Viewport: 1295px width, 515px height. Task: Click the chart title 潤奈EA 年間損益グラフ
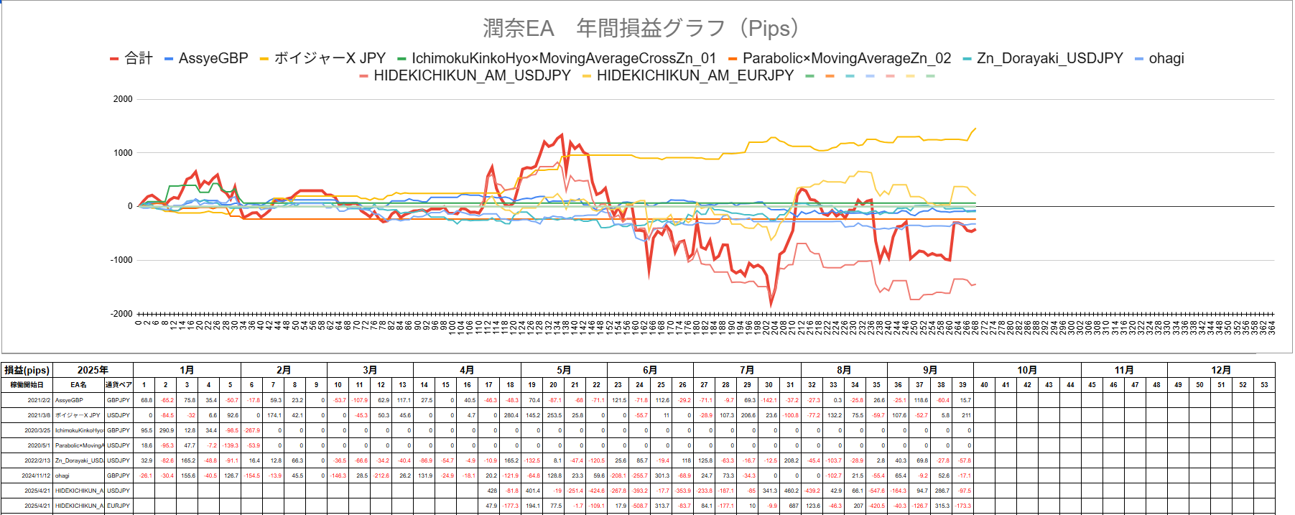click(641, 29)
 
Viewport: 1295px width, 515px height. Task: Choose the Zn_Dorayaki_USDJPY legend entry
click(1049, 59)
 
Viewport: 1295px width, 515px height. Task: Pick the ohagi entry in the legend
click(1166, 59)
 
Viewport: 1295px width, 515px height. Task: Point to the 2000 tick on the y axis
click(123, 99)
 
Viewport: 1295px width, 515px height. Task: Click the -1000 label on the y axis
click(121, 260)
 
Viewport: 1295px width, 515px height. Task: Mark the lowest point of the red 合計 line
click(772, 305)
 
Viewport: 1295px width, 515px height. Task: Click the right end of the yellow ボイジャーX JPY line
click(975, 129)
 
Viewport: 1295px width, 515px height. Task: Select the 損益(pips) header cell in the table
click(27, 370)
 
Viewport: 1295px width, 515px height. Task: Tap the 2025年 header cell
click(93, 370)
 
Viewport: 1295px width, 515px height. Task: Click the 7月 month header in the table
click(747, 370)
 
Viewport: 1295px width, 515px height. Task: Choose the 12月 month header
click(1221, 370)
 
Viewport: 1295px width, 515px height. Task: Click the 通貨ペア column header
click(119, 385)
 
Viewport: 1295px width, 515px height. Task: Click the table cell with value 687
click(793, 506)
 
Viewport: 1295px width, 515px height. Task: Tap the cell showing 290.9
click(166, 430)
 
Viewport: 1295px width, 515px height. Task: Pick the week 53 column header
click(1264, 385)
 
